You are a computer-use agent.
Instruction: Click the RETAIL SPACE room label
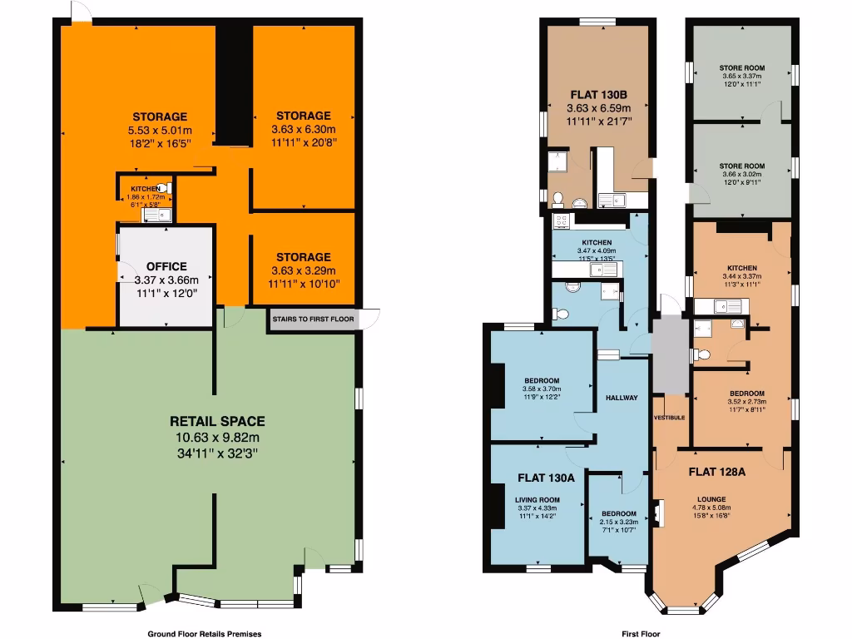tap(217, 421)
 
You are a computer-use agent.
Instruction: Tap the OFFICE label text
tap(166, 266)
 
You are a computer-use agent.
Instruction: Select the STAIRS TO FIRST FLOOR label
tap(313, 319)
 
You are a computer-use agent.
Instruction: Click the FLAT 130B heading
tap(598, 94)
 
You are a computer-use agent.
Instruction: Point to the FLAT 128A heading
tap(716, 471)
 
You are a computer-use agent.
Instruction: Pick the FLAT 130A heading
tap(546, 478)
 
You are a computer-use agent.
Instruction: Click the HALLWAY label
tap(622, 398)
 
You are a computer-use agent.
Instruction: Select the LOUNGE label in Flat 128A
tap(711, 501)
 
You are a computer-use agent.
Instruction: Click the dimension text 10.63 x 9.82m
tap(217, 438)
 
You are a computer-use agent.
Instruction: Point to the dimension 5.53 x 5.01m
tap(160, 131)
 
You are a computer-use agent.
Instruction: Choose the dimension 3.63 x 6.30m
tap(304, 130)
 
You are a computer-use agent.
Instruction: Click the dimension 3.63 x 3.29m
tap(304, 270)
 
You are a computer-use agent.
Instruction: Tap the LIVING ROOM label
tap(537, 500)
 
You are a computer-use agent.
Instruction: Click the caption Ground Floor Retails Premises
tap(198, 633)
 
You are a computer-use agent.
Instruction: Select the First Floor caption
tap(641, 633)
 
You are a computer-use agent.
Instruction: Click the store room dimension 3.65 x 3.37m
tap(741, 76)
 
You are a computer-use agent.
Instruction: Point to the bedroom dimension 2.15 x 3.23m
tap(619, 522)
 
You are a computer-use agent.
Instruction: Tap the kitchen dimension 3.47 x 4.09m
tap(597, 250)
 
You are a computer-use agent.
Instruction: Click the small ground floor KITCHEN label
tap(145, 190)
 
